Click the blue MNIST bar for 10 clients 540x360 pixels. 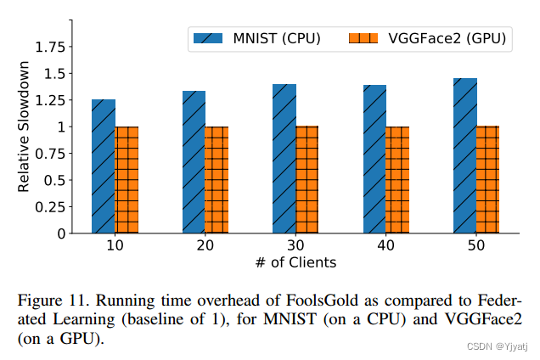click(104, 166)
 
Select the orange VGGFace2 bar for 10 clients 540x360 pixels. click(127, 180)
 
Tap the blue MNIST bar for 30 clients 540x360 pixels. click(284, 159)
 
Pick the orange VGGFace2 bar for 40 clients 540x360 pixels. click(397, 180)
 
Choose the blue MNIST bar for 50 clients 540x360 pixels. click(465, 155)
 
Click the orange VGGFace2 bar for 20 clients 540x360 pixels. click(217, 180)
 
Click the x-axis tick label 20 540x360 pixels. click(205, 245)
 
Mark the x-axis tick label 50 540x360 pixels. click(476, 245)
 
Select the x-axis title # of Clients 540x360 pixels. click(295, 262)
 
